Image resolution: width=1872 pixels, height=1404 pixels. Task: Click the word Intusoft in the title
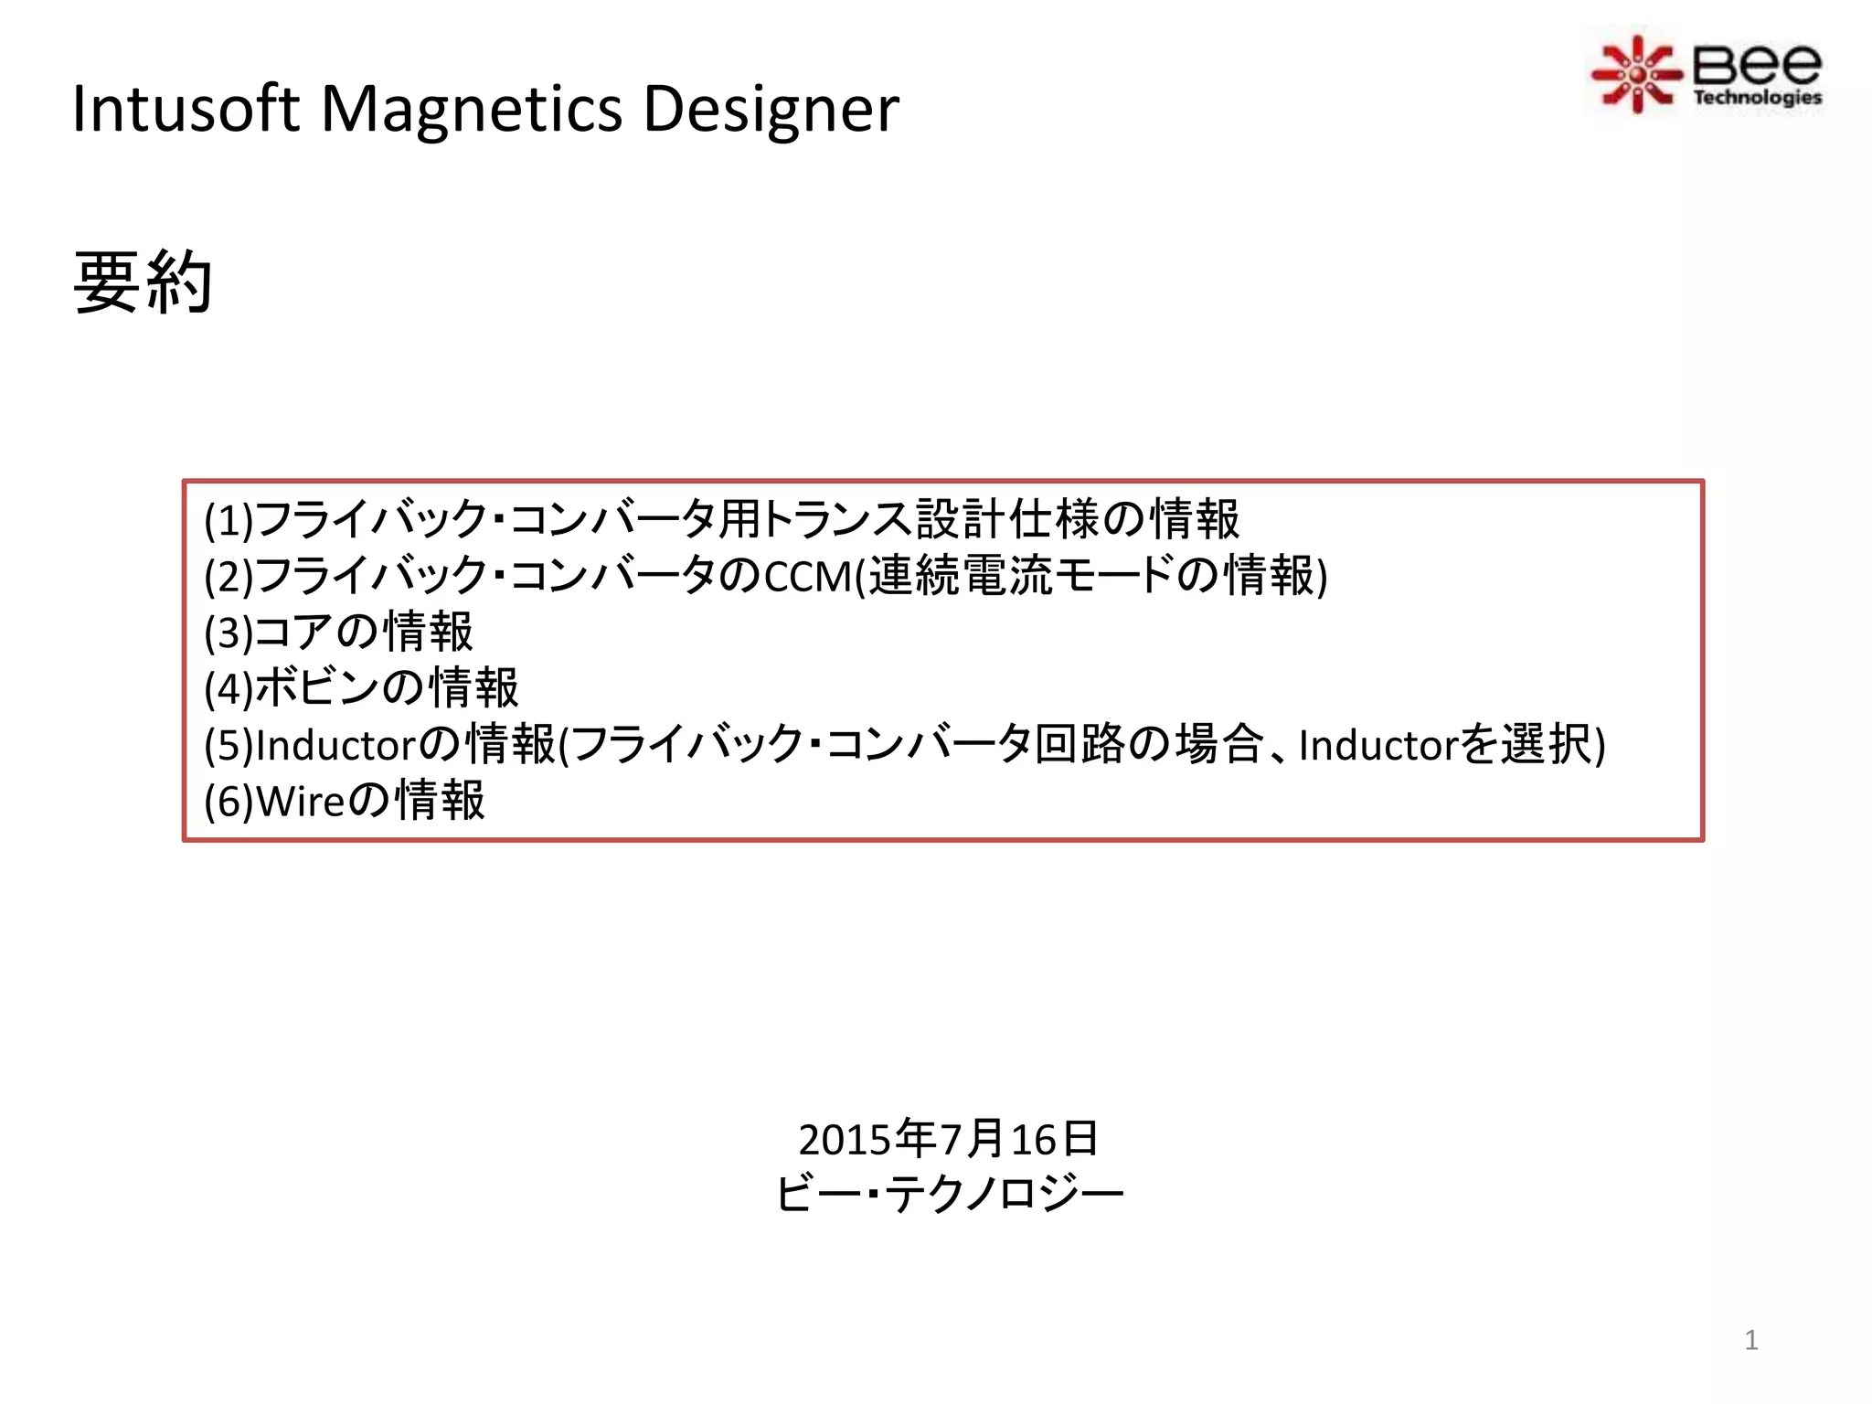pyautogui.click(x=186, y=109)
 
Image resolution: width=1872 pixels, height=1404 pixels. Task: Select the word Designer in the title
pyautogui.click(x=771, y=109)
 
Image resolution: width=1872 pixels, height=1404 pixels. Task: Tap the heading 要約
pyautogui.click(x=143, y=282)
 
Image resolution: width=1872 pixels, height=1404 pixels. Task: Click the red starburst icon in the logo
pyautogui.click(x=1636, y=74)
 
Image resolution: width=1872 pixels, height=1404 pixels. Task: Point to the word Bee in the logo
pyautogui.click(x=1756, y=64)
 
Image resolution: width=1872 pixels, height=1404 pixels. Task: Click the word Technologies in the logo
pyautogui.click(x=1757, y=97)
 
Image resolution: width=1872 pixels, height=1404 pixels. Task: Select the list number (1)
pyautogui.click(x=229, y=520)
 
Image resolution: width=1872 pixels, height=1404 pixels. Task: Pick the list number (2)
pyautogui.click(x=229, y=577)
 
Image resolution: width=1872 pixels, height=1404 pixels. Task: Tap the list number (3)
pyautogui.click(x=229, y=633)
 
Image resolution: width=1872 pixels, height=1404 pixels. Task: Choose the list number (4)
pyautogui.click(x=229, y=689)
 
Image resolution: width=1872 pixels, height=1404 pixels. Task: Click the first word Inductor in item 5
pyautogui.click(x=335, y=745)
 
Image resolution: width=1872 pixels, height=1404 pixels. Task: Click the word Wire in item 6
pyautogui.click(x=300, y=802)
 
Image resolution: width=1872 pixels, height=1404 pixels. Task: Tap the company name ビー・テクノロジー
pyautogui.click(x=949, y=1194)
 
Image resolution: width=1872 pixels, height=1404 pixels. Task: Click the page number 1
pyautogui.click(x=1751, y=1340)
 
